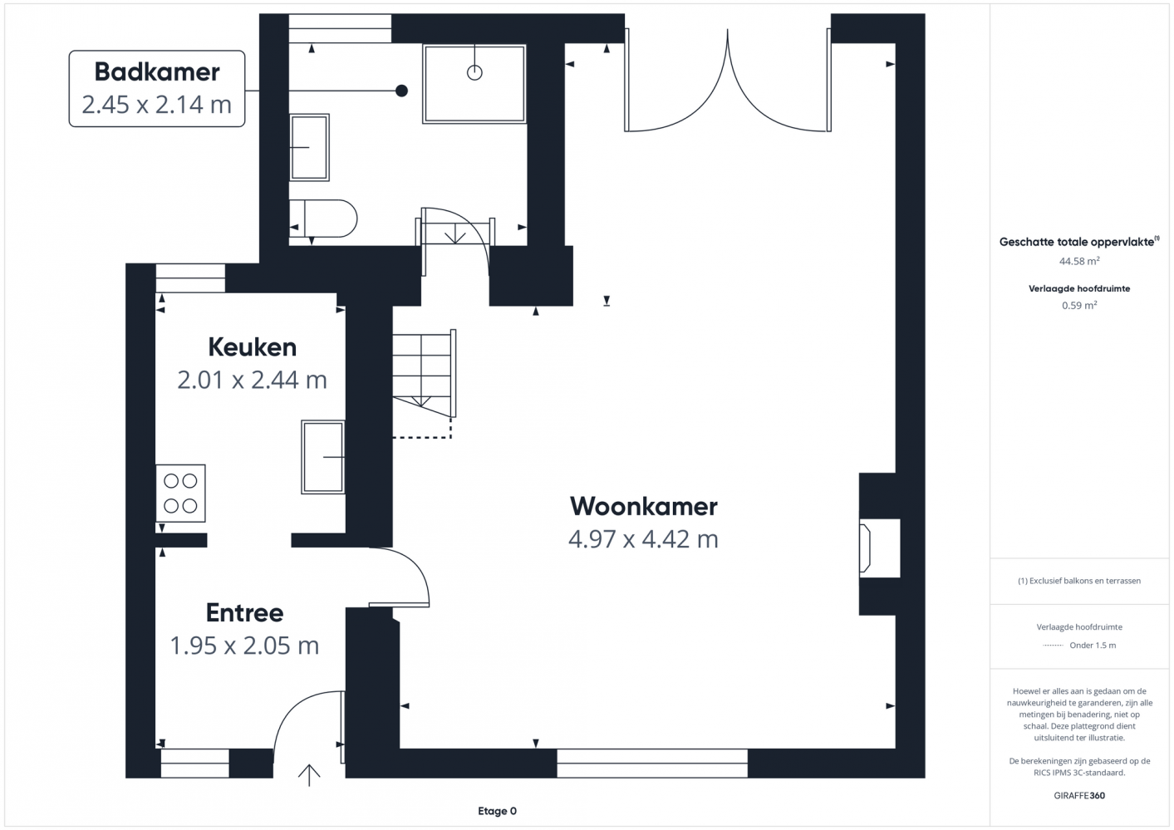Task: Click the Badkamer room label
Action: pyautogui.click(x=157, y=72)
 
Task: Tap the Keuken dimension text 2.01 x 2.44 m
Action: pyautogui.click(x=252, y=380)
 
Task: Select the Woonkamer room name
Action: pyautogui.click(x=644, y=506)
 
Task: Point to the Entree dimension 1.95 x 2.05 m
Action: pyautogui.click(x=245, y=646)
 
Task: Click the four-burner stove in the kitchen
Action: pyautogui.click(x=180, y=493)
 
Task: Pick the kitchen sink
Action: pyautogui.click(x=323, y=457)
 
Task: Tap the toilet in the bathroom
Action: pyautogui.click(x=323, y=219)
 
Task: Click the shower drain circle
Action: pyautogui.click(x=474, y=73)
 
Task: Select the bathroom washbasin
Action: pyautogui.click(x=309, y=148)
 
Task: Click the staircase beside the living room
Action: pyautogui.click(x=424, y=373)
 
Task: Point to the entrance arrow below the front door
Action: pyautogui.click(x=309, y=775)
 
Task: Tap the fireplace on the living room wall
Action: pyautogui.click(x=879, y=548)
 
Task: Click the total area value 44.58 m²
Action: pyautogui.click(x=1079, y=261)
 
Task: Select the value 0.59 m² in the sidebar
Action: pyautogui.click(x=1079, y=306)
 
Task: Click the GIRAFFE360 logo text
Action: pyautogui.click(x=1079, y=795)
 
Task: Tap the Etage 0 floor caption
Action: pyautogui.click(x=497, y=811)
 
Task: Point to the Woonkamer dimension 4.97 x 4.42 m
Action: pyautogui.click(x=644, y=540)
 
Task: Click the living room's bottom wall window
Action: pyautogui.click(x=652, y=764)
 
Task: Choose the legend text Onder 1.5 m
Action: pyautogui.click(x=1093, y=646)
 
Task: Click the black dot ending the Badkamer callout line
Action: pyautogui.click(x=401, y=91)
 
